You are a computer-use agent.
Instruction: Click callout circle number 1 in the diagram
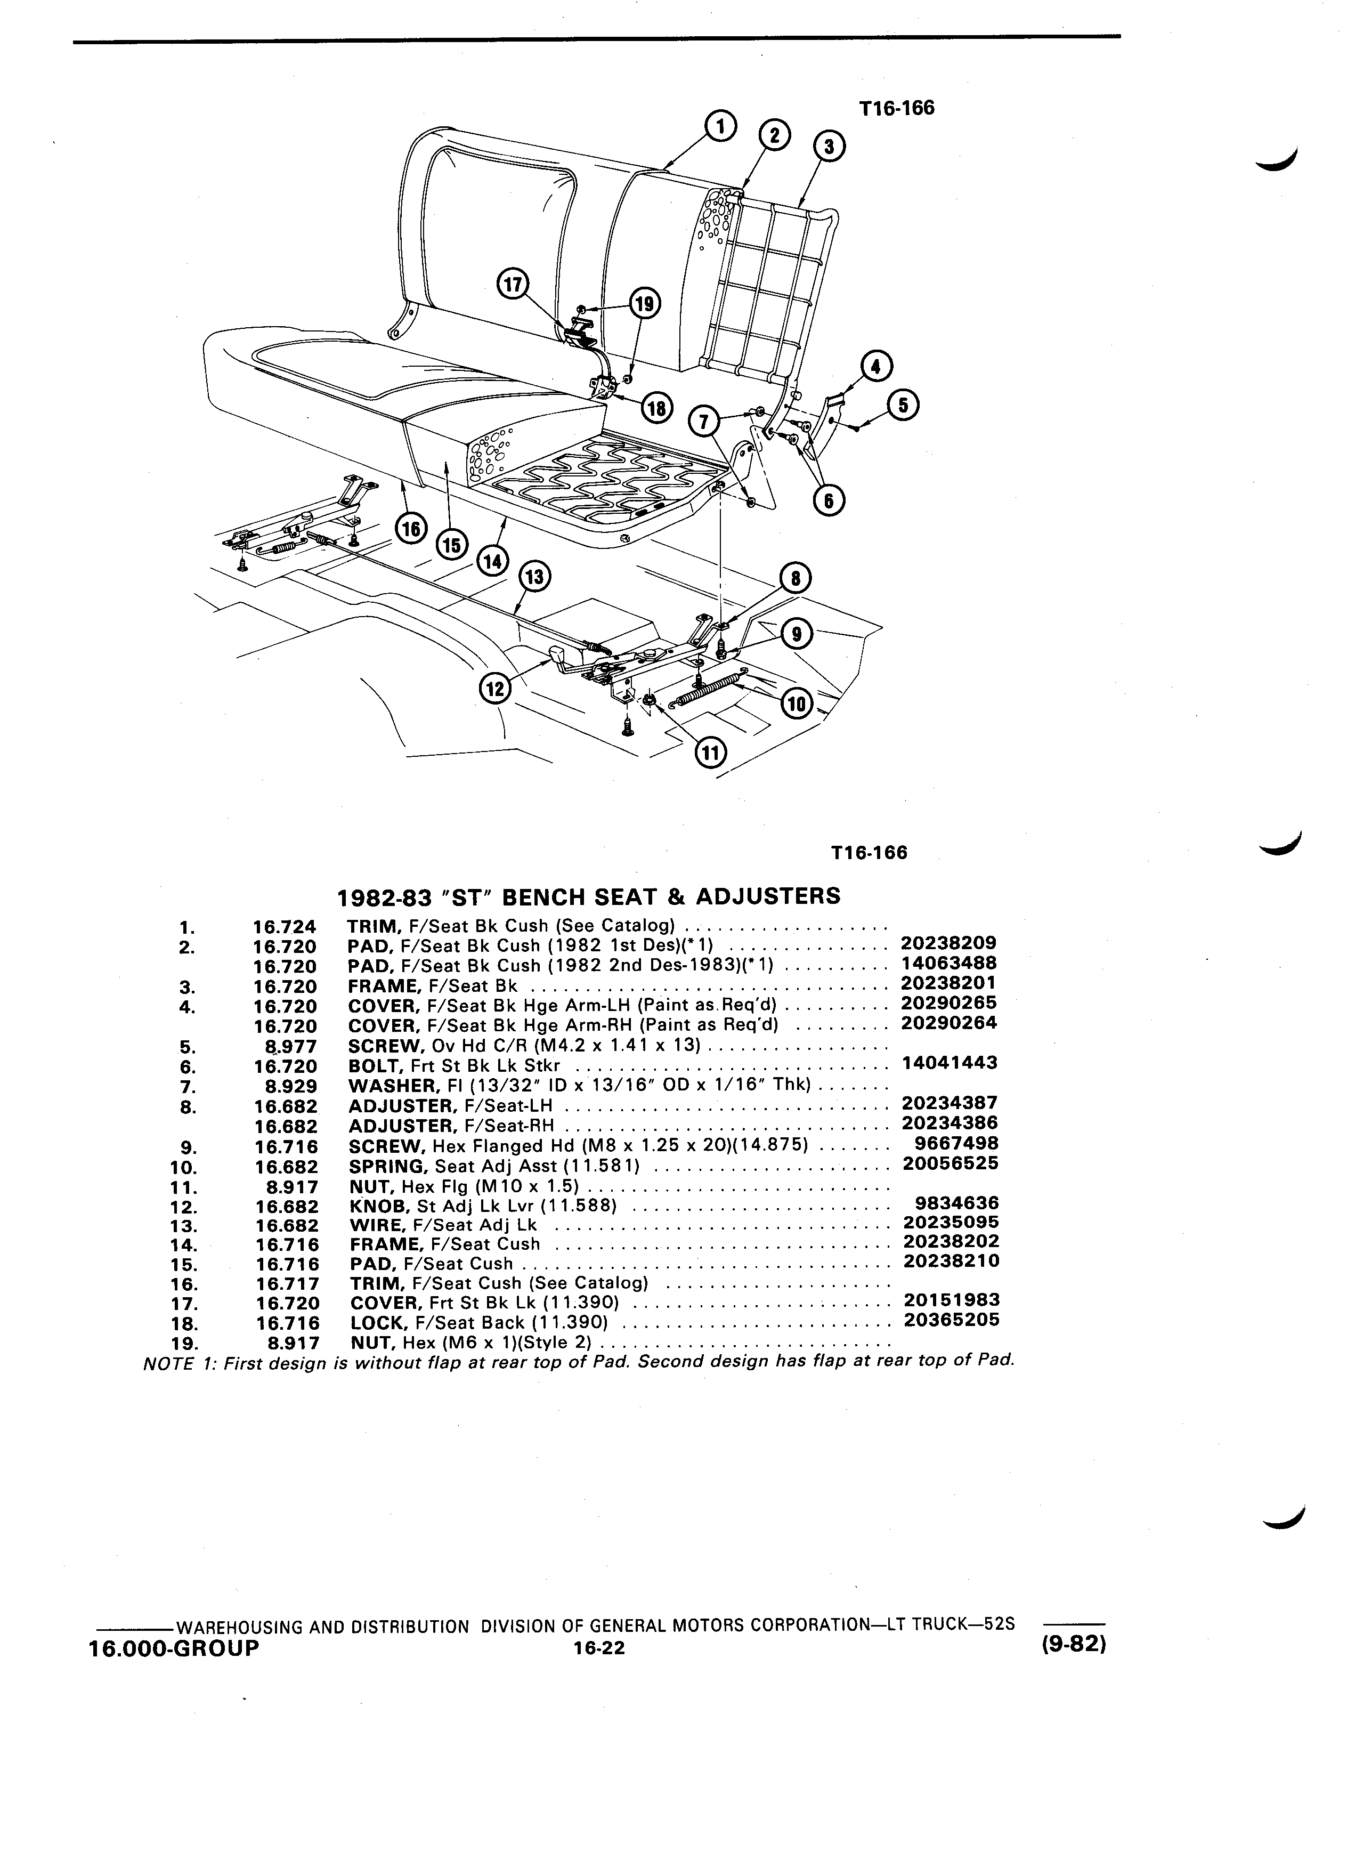point(720,126)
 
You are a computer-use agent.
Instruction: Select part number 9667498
point(957,1144)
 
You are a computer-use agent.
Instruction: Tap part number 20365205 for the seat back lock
point(952,1320)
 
